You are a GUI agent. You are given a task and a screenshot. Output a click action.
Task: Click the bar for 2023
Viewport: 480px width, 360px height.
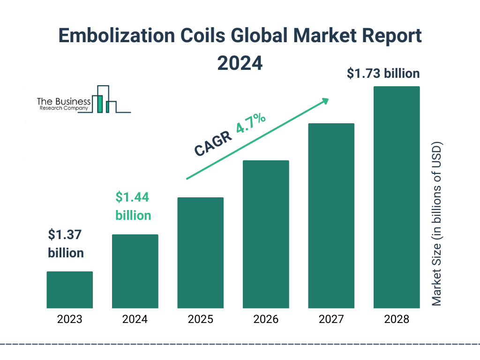[x=69, y=290]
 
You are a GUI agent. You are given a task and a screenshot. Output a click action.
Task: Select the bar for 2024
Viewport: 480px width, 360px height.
[x=135, y=271]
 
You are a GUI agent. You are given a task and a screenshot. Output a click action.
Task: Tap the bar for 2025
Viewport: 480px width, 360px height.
[x=200, y=253]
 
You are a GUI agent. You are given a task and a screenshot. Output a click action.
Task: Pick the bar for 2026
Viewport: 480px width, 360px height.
[x=266, y=234]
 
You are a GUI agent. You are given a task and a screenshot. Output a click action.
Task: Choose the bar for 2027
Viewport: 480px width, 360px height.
[x=331, y=216]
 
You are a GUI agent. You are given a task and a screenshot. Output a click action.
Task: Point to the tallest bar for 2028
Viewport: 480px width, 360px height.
[x=397, y=197]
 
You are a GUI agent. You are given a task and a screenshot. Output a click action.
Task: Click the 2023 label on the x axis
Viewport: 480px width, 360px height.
[x=69, y=320]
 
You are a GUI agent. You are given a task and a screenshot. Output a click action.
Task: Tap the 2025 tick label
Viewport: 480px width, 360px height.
[x=200, y=320]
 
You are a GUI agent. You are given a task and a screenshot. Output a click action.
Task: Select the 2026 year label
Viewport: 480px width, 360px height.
[x=266, y=320]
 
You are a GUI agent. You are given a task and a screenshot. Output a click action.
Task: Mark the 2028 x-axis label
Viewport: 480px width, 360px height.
[x=397, y=320]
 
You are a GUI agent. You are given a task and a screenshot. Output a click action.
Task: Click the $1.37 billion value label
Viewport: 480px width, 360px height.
[x=66, y=244]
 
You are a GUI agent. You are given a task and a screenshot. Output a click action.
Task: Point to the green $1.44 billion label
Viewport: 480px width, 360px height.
[x=133, y=206]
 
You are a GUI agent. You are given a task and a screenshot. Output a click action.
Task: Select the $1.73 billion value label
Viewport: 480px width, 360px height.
[x=383, y=74]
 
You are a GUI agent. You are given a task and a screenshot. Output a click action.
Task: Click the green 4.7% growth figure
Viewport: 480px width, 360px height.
[x=251, y=123]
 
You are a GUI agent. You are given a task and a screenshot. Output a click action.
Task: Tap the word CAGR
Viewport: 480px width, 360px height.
[x=213, y=144]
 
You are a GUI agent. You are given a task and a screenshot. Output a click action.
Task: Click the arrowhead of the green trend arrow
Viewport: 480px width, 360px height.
[x=324, y=100]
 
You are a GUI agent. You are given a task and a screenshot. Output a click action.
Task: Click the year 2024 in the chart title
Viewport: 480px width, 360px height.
[x=240, y=63]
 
